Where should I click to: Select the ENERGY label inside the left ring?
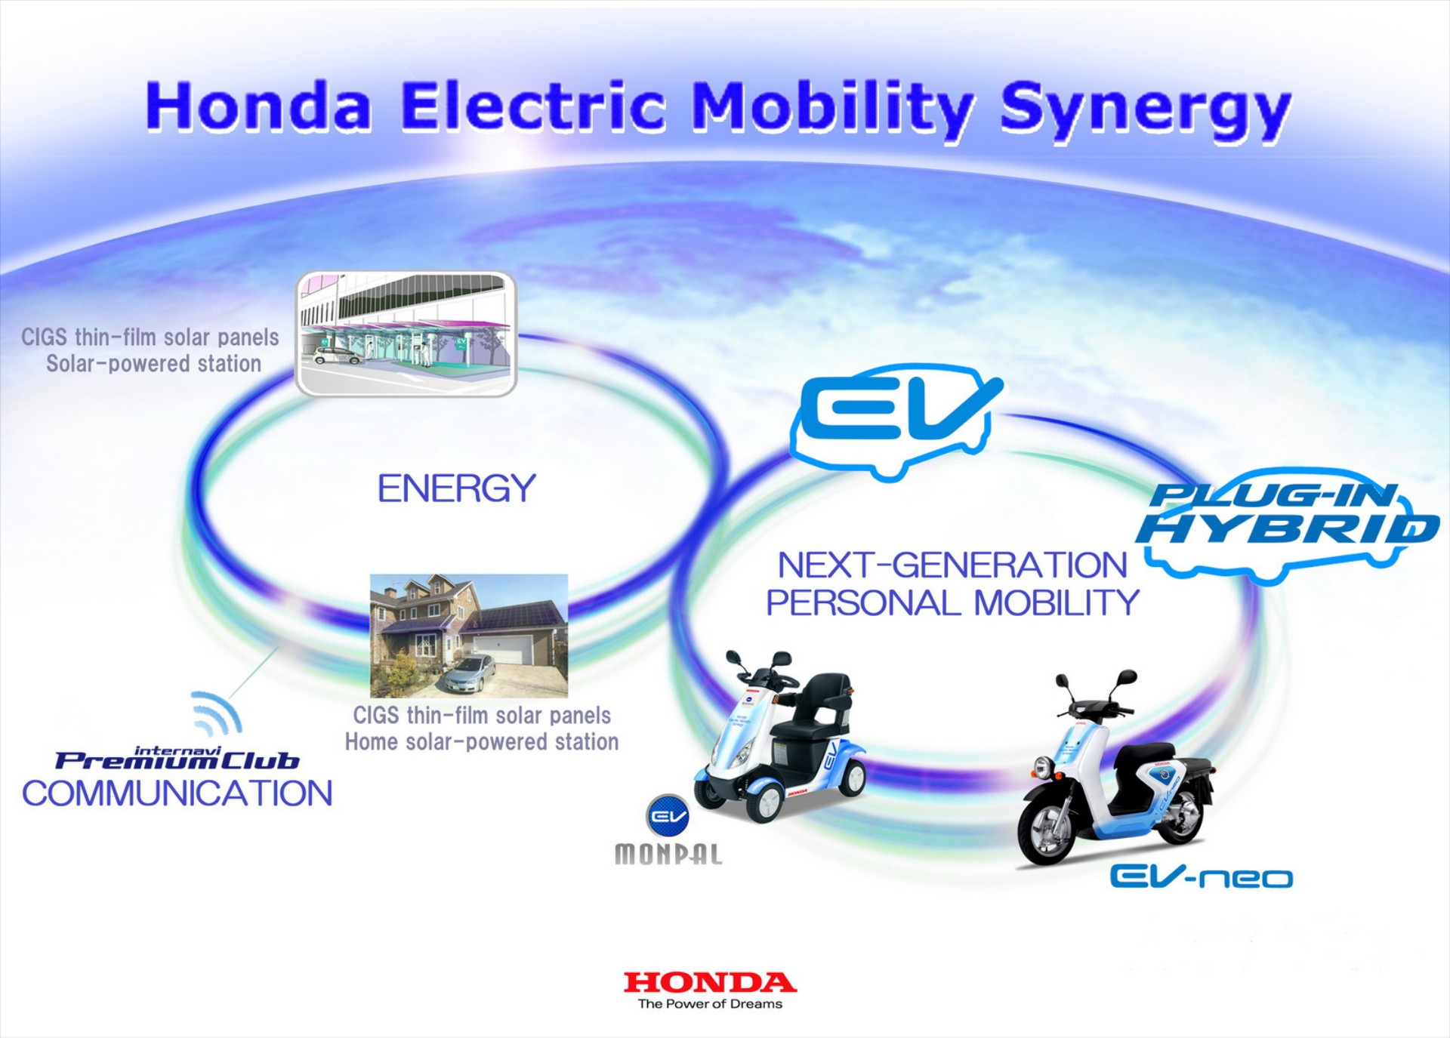click(x=456, y=488)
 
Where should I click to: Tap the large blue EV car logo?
click(x=895, y=417)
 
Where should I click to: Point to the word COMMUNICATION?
click(x=177, y=794)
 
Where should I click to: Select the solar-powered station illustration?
click(x=406, y=334)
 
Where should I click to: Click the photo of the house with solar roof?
click(x=468, y=635)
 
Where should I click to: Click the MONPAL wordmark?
click(x=668, y=854)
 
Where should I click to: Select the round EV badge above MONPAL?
click(x=668, y=815)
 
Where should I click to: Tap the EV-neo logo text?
click(x=1201, y=876)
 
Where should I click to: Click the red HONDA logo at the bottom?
click(x=710, y=982)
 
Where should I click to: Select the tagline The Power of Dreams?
click(x=710, y=1004)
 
